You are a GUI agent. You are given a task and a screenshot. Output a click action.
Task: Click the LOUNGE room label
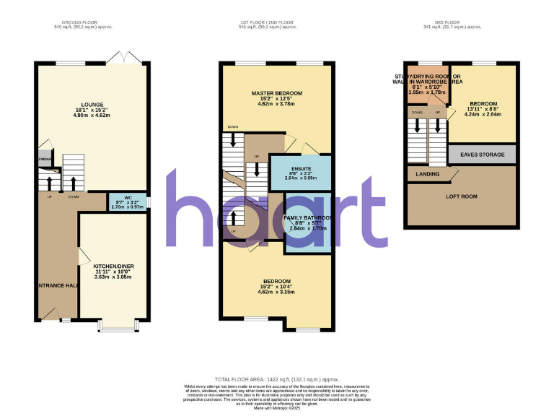pos(92,104)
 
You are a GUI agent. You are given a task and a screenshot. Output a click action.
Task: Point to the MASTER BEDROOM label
pos(277,94)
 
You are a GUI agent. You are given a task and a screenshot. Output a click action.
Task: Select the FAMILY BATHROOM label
pos(308,217)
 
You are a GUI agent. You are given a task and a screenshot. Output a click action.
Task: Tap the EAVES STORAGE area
pos(483,154)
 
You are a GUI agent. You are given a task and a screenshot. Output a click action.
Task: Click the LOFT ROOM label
pos(462,196)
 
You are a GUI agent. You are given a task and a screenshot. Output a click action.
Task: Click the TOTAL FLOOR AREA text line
pos(277,379)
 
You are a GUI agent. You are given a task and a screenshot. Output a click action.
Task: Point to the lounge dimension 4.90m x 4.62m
pos(92,116)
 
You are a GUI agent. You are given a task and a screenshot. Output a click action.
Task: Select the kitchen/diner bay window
pos(115,326)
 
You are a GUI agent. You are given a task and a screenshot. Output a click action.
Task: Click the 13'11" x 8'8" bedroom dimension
pos(483,108)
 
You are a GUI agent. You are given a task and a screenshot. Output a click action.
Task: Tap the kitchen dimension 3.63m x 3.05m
pos(114,277)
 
